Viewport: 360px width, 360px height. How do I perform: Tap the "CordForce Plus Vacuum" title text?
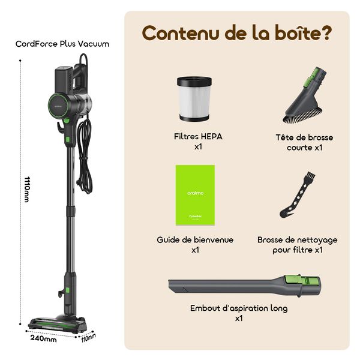pos(62,44)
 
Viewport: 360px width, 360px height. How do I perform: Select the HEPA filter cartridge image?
pos(195,98)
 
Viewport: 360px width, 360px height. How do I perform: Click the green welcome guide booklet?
pos(195,195)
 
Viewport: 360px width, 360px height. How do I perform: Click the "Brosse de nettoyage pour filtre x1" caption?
pos(298,244)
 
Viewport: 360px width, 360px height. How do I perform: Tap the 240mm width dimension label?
pos(43,339)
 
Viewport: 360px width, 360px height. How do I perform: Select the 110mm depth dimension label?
pos(88,337)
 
